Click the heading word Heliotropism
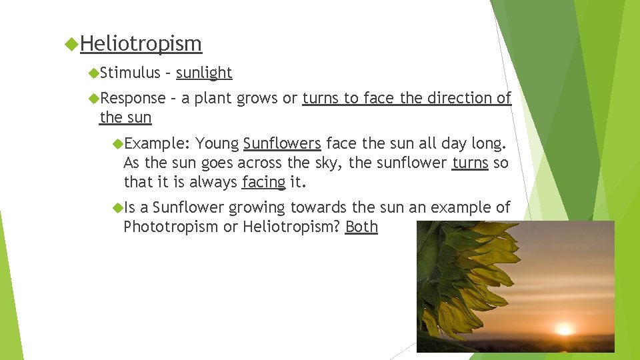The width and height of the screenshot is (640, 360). pyautogui.click(x=141, y=44)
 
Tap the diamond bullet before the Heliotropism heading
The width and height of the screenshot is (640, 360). pyautogui.click(x=72, y=44)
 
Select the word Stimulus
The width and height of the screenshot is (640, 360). pyautogui.click(x=131, y=73)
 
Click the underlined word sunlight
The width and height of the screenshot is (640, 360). pyautogui.click(x=204, y=73)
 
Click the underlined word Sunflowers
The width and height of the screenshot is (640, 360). pyautogui.click(x=282, y=143)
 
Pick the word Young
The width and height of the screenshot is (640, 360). pyautogui.click(x=217, y=143)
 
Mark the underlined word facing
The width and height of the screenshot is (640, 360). pyautogui.click(x=263, y=181)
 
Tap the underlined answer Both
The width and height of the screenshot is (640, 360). pyautogui.click(x=361, y=227)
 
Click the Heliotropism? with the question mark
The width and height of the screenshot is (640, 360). pyautogui.click(x=291, y=227)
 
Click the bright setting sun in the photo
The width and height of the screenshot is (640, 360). pyautogui.click(x=565, y=329)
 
